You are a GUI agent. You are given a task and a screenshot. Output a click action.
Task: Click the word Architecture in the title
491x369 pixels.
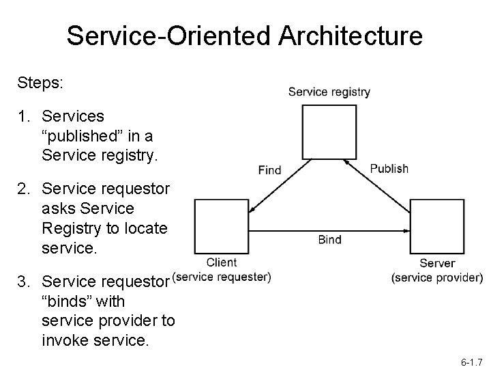click(351, 36)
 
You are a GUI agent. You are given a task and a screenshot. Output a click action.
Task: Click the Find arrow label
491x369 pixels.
click(269, 170)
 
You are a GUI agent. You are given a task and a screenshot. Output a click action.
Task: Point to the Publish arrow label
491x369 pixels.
click(389, 169)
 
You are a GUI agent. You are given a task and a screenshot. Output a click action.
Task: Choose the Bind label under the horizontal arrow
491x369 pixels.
click(330, 240)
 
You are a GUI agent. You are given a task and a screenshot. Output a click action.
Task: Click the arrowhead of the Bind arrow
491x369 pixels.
click(406, 231)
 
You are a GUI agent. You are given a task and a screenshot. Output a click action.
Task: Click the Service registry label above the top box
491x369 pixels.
click(329, 92)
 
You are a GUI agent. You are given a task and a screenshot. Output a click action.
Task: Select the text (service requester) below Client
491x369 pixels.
click(222, 277)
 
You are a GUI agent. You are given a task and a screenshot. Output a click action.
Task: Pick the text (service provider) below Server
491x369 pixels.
click(437, 277)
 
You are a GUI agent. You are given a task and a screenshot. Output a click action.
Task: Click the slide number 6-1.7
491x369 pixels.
click(472, 362)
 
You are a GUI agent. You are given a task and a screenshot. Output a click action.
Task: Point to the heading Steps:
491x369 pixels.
click(40, 83)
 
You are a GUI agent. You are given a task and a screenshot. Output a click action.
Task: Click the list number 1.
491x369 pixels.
click(24, 116)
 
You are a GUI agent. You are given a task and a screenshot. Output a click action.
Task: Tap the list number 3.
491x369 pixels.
click(24, 282)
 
